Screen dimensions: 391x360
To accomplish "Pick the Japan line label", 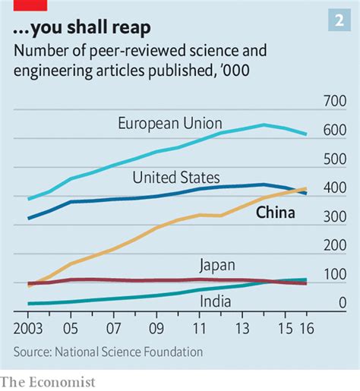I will tap(216, 265).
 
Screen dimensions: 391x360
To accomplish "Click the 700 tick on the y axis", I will tap(334, 102).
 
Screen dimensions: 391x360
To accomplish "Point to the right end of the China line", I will tap(306, 188).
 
